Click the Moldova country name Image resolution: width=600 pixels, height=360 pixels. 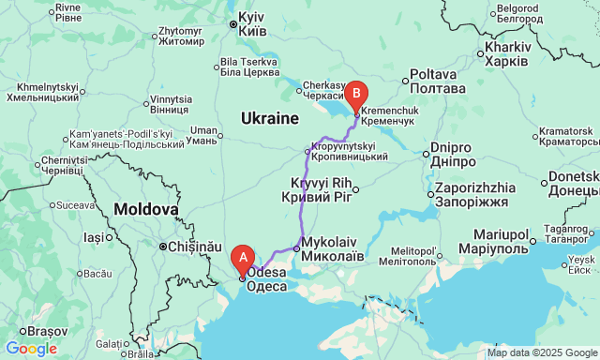(x=145, y=208)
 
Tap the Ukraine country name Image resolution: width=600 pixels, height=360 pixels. (x=268, y=119)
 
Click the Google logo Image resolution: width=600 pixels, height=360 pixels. (x=30, y=349)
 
